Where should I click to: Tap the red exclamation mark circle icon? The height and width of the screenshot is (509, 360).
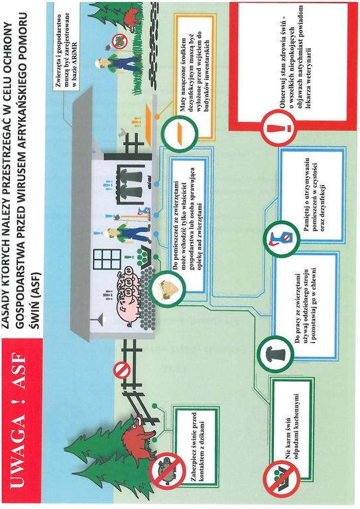279,127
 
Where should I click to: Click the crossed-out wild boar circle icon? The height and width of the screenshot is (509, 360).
167,471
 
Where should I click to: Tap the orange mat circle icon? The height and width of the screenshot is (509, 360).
180,131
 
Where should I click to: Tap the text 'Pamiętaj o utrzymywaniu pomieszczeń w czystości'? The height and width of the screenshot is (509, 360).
314,196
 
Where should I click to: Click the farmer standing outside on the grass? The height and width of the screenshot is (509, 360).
119,64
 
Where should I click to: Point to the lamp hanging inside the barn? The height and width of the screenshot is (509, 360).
98,318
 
